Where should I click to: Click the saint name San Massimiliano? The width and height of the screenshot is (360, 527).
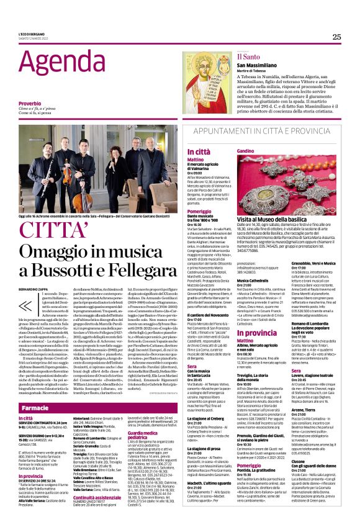(260, 65)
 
